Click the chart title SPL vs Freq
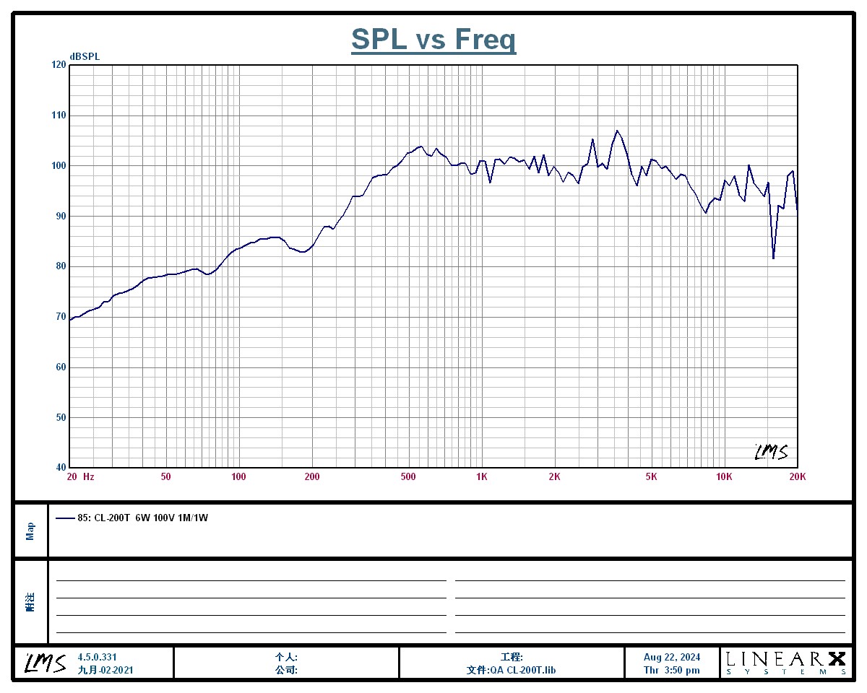[x=433, y=39]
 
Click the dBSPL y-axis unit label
[x=85, y=56]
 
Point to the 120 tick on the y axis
[x=58, y=65]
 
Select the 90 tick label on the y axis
[x=58, y=216]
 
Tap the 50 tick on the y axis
[x=58, y=417]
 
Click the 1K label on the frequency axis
[x=482, y=476]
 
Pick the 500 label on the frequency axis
[x=409, y=476]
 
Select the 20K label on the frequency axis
[x=797, y=476]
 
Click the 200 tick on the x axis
[x=312, y=476]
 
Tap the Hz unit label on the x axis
[x=88, y=476]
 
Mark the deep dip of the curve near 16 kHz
[x=773, y=258]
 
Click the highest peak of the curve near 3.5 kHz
[x=617, y=131]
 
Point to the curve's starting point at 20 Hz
[x=69, y=319]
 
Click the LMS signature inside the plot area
[x=771, y=452]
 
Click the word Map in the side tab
[x=30, y=531]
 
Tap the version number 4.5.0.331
[x=97, y=657]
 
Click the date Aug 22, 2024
[x=672, y=657]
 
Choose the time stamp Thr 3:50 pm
[x=672, y=670]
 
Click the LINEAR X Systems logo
[x=785, y=662]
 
